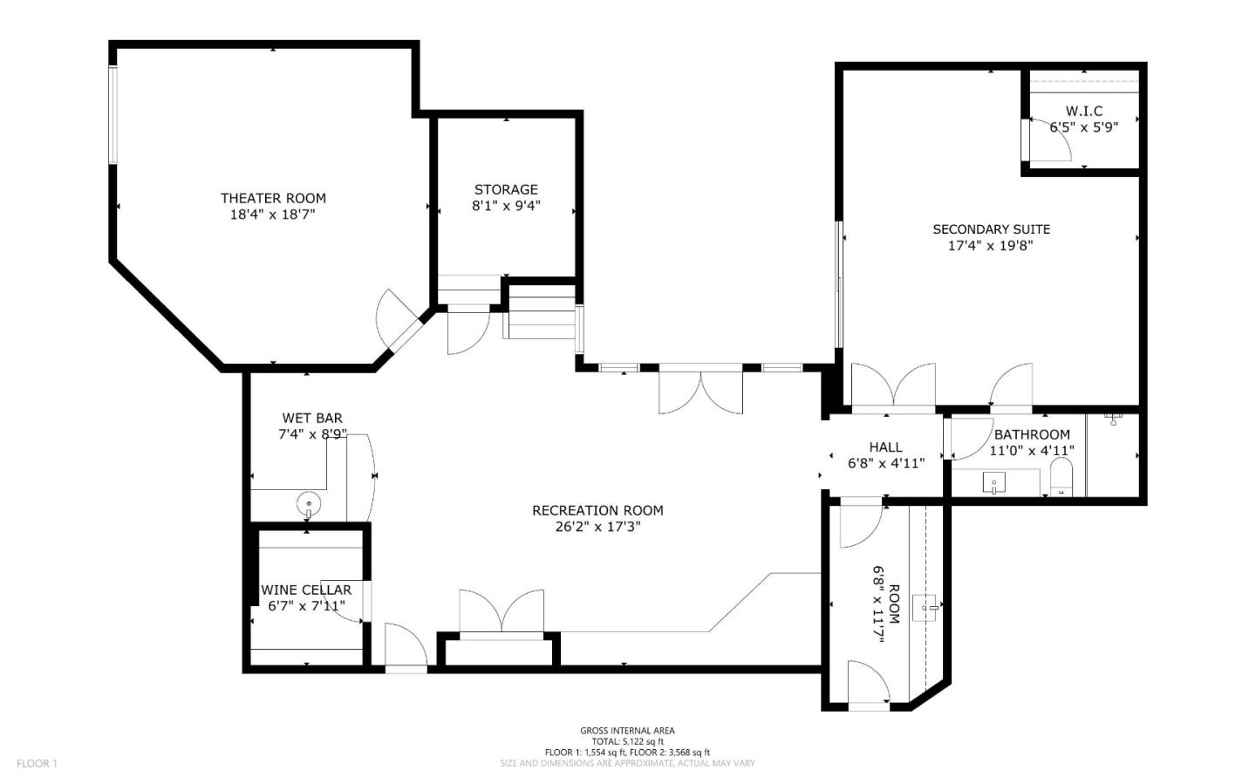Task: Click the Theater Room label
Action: tap(273, 198)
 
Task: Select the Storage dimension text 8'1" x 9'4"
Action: tap(506, 206)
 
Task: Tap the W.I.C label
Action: tap(1084, 111)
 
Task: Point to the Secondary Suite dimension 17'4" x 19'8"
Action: tap(991, 246)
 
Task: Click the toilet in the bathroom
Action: tap(1061, 479)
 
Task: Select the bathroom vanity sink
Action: tap(993, 483)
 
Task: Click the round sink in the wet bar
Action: tap(309, 503)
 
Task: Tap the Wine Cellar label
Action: tap(306, 590)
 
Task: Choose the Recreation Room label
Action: tap(597, 510)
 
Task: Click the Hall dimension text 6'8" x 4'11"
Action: tap(885, 464)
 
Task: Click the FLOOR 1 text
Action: tap(37, 764)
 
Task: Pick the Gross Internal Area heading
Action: tap(627, 731)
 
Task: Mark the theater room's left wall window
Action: tap(113, 114)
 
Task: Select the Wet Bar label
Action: tap(312, 418)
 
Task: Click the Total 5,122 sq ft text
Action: tap(627, 741)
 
